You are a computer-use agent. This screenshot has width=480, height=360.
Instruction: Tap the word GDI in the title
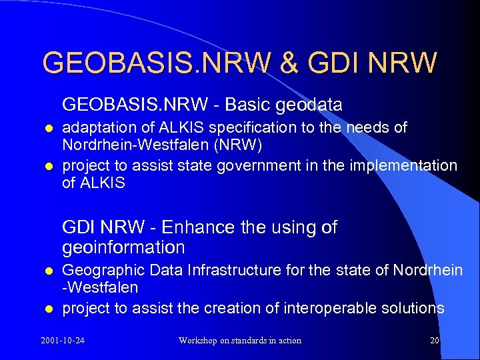coord(328,63)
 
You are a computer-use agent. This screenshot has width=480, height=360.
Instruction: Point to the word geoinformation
coord(123,248)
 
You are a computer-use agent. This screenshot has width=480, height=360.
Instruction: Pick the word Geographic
coord(103,270)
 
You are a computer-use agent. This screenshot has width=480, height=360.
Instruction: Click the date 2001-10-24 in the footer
coord(67,341)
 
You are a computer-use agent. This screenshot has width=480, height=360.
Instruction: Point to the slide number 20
coord(435,341)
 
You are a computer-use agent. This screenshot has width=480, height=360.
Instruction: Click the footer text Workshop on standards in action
coord(239,341)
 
